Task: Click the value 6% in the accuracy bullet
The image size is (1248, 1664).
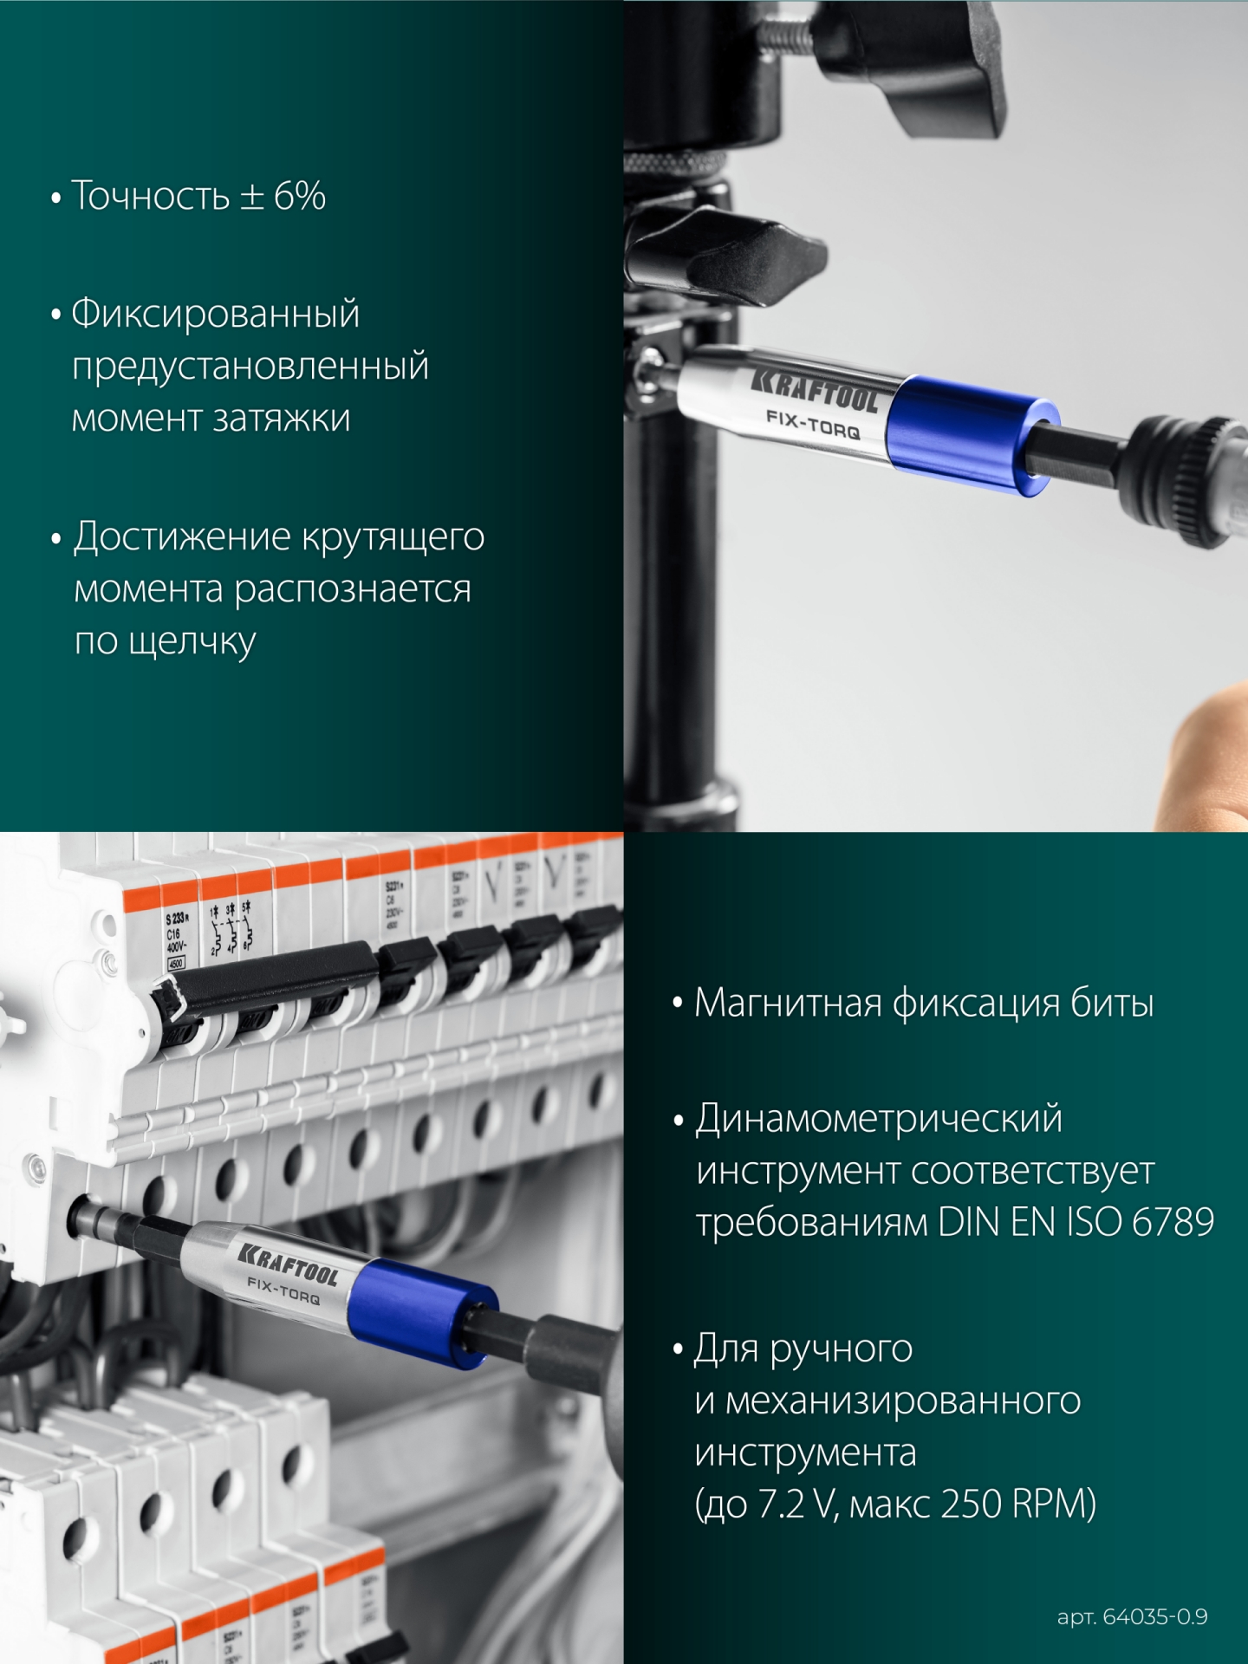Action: [x=300, y=196]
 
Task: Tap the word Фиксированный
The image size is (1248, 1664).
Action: [x=215, y=313]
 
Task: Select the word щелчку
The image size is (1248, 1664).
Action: [x=192, y=642]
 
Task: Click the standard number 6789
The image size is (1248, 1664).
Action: [x=1173, y=1222]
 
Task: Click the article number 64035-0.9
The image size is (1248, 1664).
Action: [x=1154, y=1616]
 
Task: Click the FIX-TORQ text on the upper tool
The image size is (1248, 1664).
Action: [x=812, y=425]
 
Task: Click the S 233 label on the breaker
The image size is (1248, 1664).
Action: [x=178, y=918]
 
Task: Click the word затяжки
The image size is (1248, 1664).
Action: [x=282, y=419]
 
